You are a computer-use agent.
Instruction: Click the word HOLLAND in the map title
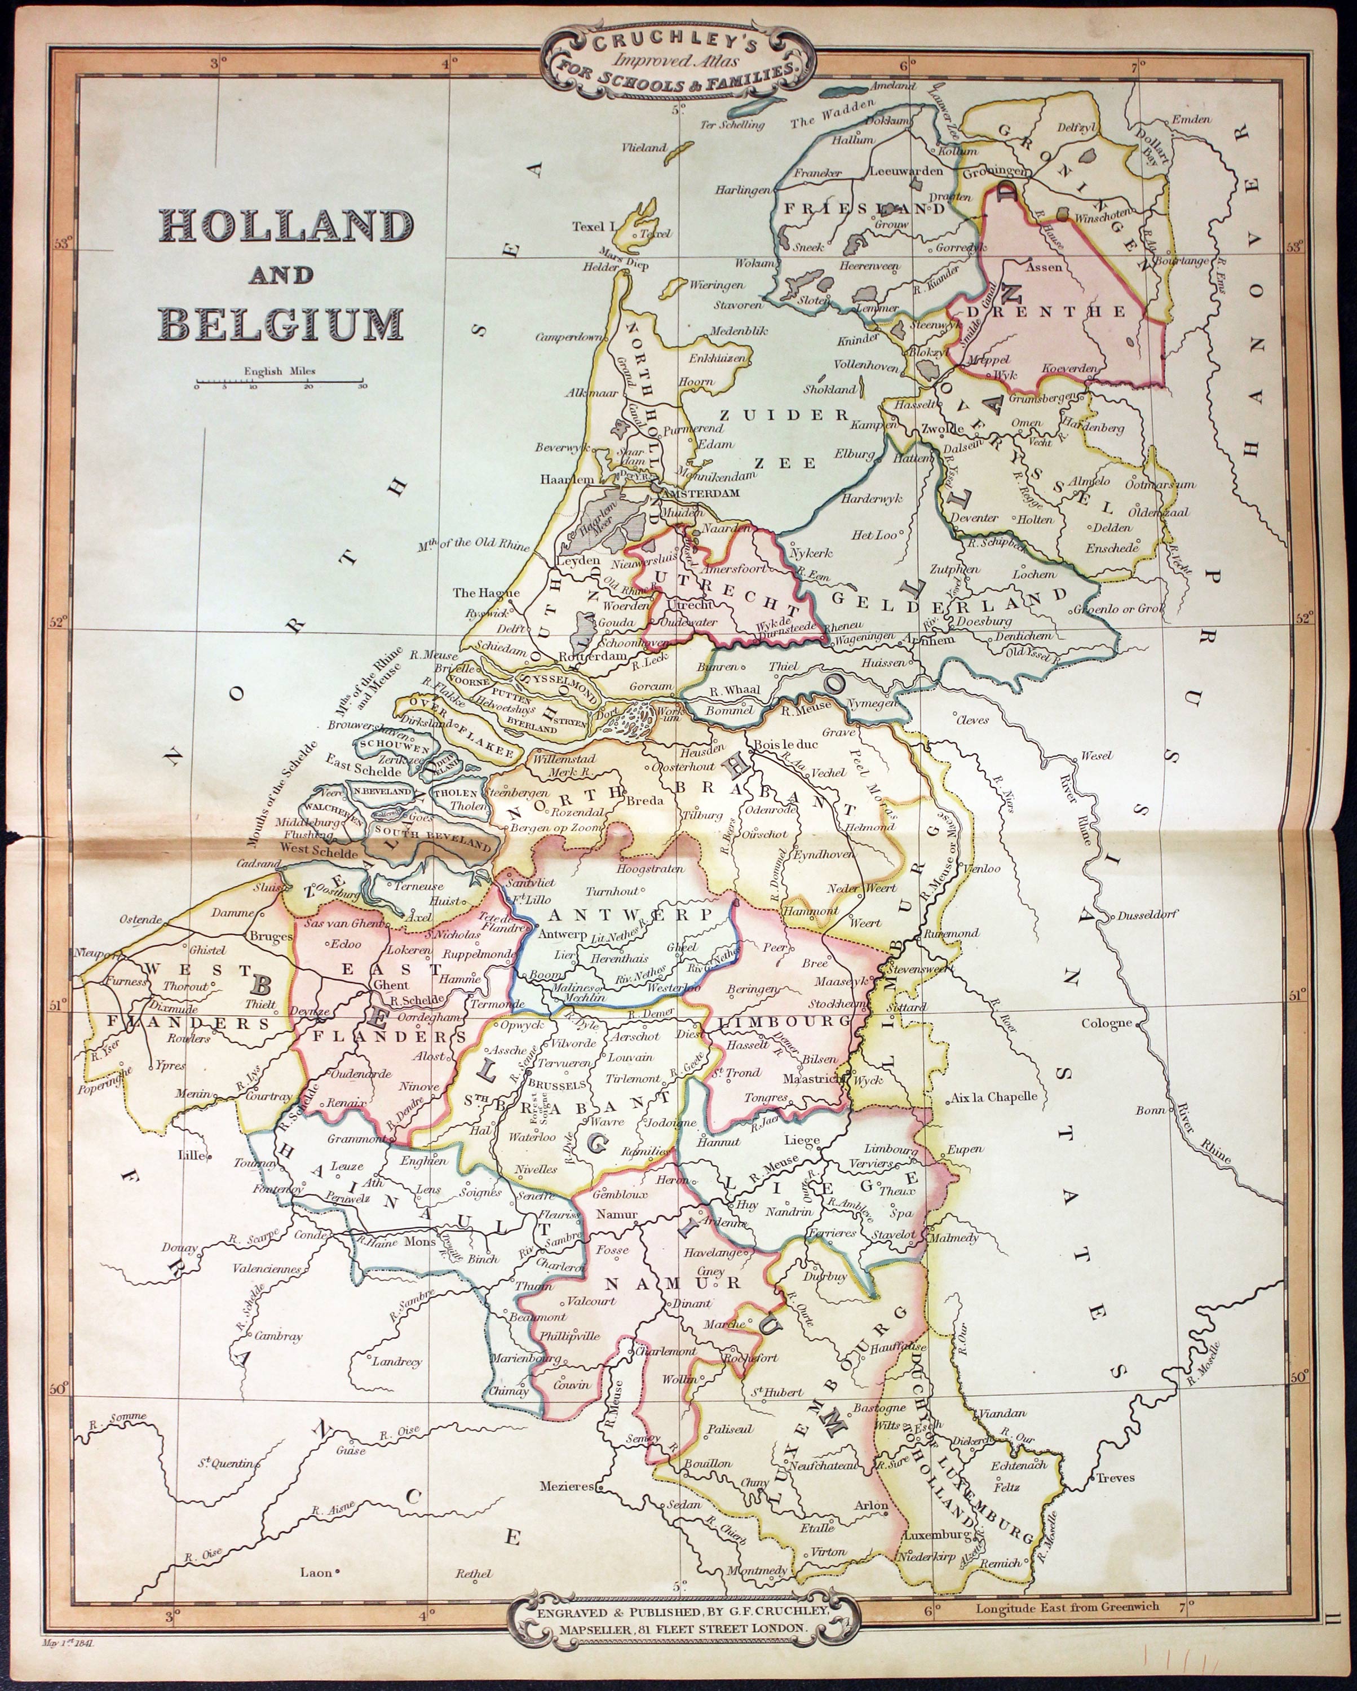[x=285, y=227]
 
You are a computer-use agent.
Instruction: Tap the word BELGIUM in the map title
[x=281, y=323]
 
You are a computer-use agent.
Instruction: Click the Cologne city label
[x=1106, y=1022]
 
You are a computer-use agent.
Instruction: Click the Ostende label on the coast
[x=140, y=919]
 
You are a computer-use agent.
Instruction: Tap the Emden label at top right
[x=1191, y=120]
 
